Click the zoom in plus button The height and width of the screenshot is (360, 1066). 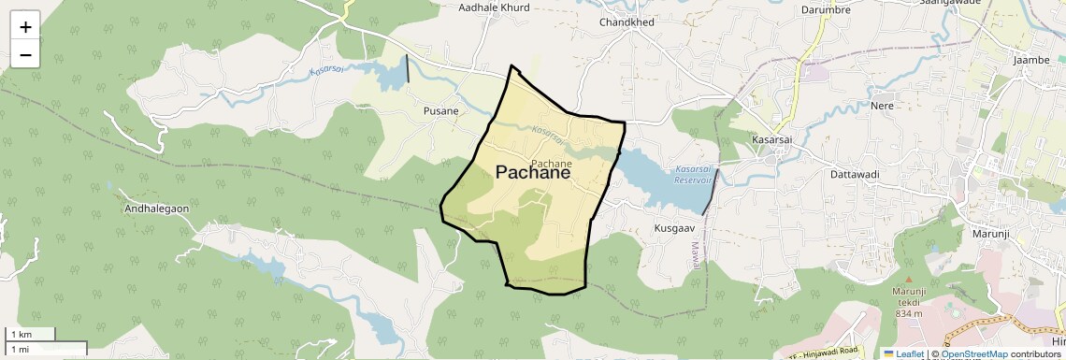point(25,27)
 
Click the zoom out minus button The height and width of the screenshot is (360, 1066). point(25,54)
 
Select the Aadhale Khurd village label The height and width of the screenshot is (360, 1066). point(494,7)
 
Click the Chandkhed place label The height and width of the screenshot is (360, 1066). point(627,22)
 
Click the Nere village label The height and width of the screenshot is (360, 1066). point(882,106)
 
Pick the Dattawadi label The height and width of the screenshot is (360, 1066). point(856,174)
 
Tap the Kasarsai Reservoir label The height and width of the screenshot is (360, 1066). point(694,174)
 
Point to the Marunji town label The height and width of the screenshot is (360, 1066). point(992,233)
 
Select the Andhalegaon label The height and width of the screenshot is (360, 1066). point(156,209)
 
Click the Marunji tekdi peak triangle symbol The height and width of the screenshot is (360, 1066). point(908,280)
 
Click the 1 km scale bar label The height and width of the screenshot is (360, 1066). point(21,334)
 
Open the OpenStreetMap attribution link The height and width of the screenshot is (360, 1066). point(973,354)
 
